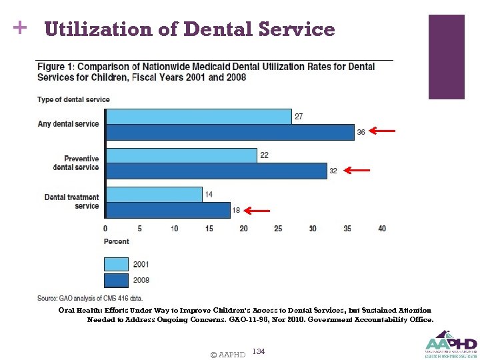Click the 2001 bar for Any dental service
pos(199,117)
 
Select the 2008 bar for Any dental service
pos(230,132)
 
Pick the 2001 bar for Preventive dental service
pos(181,155)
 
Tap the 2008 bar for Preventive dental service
pos(217,171)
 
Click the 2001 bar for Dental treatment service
pos(154,195)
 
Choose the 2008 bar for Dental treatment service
pos(168,210)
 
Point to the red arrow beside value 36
pos(382,131)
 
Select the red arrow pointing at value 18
pos(257,211)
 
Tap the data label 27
pos(299,117)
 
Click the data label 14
pos(209,195)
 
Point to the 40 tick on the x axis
pos(382,229)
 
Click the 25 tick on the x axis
pos(278,229)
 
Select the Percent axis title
pos(117,241)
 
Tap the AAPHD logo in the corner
pos(451,343)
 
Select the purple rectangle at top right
pos(446,57)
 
